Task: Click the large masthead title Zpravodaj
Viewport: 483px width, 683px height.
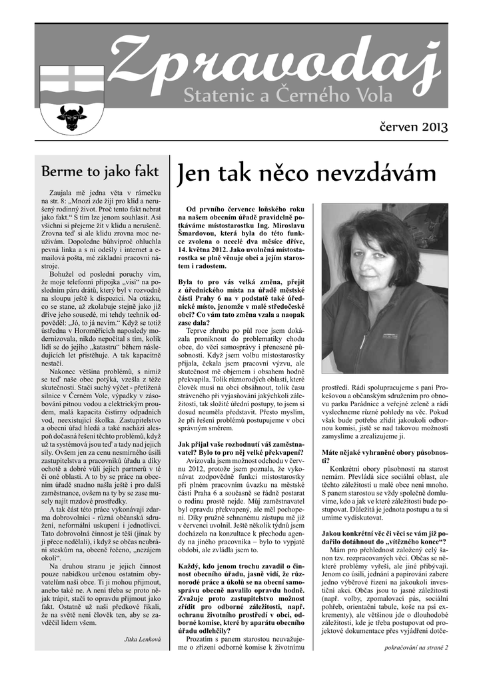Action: click(x=273, y=67)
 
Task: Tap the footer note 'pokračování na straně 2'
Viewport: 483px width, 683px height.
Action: click(x=416, y=666)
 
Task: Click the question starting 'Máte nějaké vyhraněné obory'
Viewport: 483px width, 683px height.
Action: click(x=384, y=456)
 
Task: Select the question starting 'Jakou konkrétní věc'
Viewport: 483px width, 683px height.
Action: click(x=384, y=538)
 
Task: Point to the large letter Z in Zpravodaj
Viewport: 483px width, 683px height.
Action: click(x=131, y=67)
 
